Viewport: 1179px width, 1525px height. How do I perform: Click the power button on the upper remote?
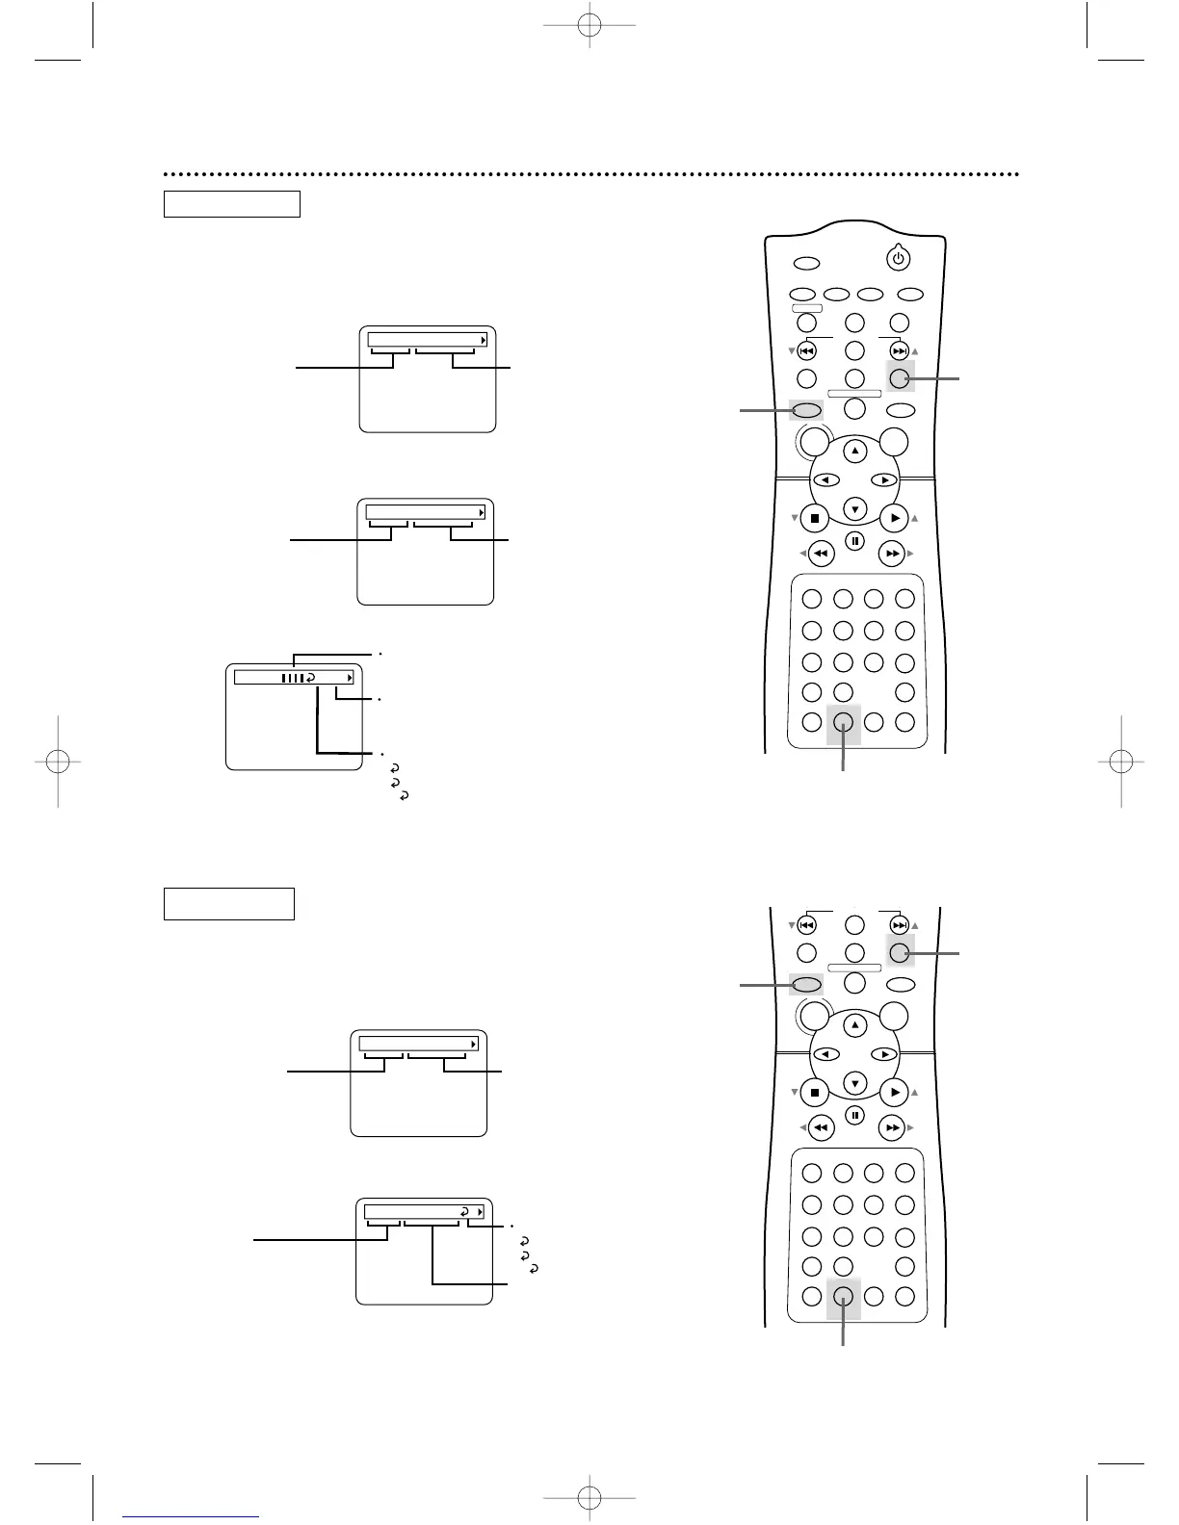click(x=898, y=258)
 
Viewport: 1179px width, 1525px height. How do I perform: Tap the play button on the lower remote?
click(x=895, y=1093)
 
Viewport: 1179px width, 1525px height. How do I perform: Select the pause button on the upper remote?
click(x=854, y=541)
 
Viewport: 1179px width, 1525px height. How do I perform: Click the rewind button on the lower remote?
click(x=820, y=1127)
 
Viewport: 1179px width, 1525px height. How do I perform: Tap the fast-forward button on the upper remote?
click(x=893, y=554)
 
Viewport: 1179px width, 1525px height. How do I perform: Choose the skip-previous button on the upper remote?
click(x=807, y=351)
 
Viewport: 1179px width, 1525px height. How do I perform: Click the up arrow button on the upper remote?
click(x=854, y=451)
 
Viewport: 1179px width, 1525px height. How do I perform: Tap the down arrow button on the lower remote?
click(x=854, y=1083)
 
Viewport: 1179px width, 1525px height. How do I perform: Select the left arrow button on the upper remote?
click(x=825, y=479)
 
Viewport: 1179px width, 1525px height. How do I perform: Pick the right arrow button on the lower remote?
click(x=883, y=1054)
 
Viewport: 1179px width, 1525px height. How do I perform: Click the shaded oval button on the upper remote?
click(x=806, y=410)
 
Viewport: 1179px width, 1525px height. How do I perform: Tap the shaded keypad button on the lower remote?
click(x=843, y=1296)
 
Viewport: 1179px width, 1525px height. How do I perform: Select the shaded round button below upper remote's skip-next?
click(x=900, y=378)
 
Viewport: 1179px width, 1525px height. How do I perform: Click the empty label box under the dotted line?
click(x=232, y=204)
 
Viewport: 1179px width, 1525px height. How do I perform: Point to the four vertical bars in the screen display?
click(x=292, y=678)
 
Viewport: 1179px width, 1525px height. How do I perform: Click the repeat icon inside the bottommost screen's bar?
click(x=464, y=1211)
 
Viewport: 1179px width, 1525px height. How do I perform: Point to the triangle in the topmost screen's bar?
click(x=484, y=340)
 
